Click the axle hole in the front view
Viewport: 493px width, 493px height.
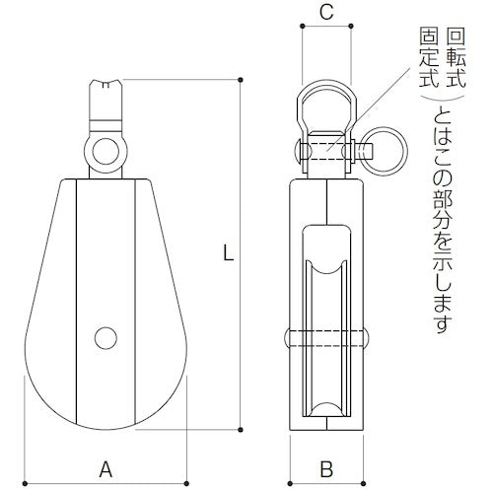coord(106,336)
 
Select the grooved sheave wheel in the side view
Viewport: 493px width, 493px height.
coord(325,335)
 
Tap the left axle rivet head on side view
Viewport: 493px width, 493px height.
coord(292,335)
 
